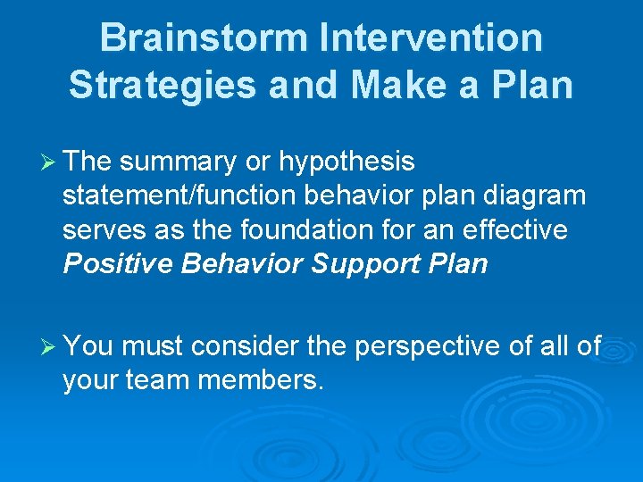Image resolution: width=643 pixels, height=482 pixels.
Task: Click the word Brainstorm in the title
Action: [204, 37]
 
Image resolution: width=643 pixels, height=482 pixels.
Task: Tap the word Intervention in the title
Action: [431, 37]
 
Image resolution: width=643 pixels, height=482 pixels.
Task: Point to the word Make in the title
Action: [397, 85]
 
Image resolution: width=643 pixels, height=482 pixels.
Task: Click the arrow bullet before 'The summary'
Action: [48, 162]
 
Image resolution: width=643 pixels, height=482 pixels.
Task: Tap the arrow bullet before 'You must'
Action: [48, 347]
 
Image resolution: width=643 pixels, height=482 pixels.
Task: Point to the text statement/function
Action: [179, 195]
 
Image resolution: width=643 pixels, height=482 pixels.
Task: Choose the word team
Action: [157, 380]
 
